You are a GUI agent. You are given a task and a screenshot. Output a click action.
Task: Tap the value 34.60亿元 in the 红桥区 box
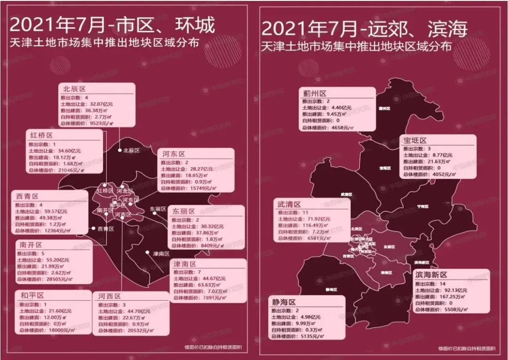coord(70,151)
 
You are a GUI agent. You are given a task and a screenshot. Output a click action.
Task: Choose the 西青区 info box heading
coord(27,196)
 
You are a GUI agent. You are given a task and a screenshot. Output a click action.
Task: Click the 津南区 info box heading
coord(186,264)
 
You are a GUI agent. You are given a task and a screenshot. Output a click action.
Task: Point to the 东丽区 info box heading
coord(184,212)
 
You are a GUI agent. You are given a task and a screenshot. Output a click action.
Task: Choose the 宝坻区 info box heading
coord(415,140)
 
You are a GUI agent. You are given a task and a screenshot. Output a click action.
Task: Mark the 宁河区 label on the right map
coord(423,207)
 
